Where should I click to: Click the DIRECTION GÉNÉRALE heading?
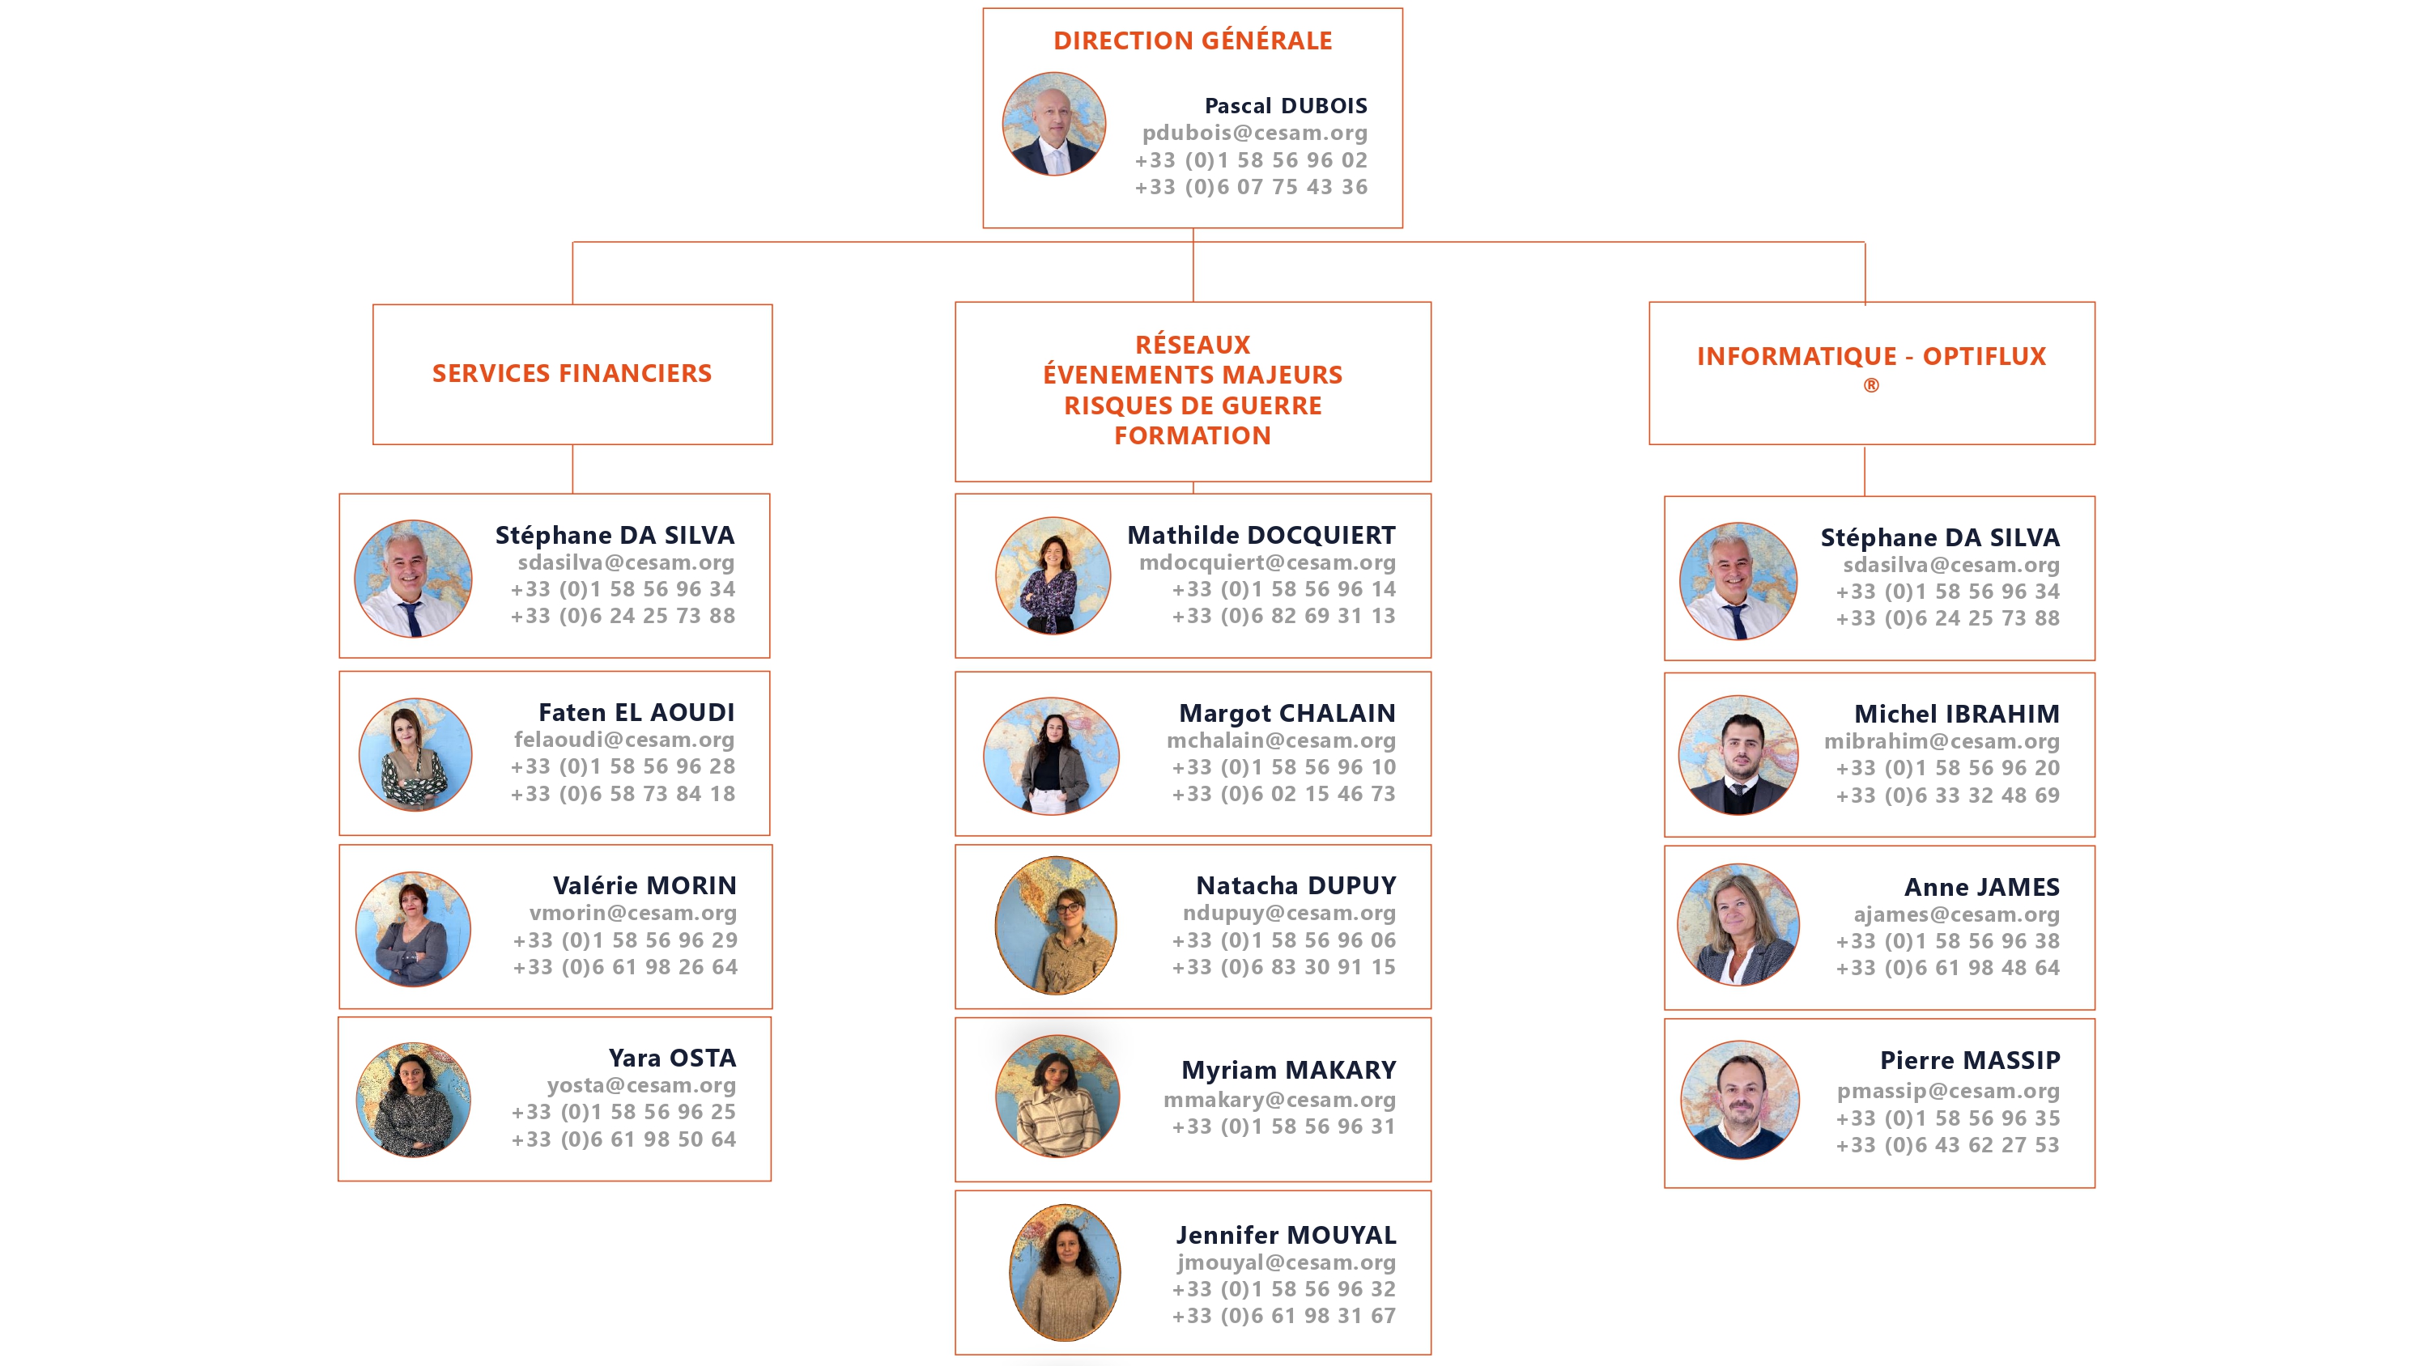point(1192,40)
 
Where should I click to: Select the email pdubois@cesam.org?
point(1254,133)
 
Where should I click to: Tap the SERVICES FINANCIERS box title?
point(572,373)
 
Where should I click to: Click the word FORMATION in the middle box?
point(1192,435)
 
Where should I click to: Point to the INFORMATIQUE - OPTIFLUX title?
point(1871,356)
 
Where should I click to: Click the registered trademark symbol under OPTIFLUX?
point(1871,385)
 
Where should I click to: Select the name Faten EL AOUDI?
point(636,713)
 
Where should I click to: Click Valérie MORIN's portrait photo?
point(413,930)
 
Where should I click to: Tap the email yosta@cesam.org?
point(641,1085)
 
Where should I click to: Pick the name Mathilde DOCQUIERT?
point(1261,536)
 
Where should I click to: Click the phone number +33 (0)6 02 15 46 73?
point(1283,794)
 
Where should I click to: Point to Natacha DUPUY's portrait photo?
point(1056,926)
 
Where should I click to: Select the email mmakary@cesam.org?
point(1278,1099)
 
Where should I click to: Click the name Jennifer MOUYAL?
point(1285,1235)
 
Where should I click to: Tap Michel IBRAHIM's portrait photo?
point(1739,755)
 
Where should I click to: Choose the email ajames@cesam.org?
point(1955,914)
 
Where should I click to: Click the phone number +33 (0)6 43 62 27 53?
point(1947,1144)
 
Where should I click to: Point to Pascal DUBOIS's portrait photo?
point(1053,125)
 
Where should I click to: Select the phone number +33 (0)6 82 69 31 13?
point(1283,616)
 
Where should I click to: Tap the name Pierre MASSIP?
point(1969,1061)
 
